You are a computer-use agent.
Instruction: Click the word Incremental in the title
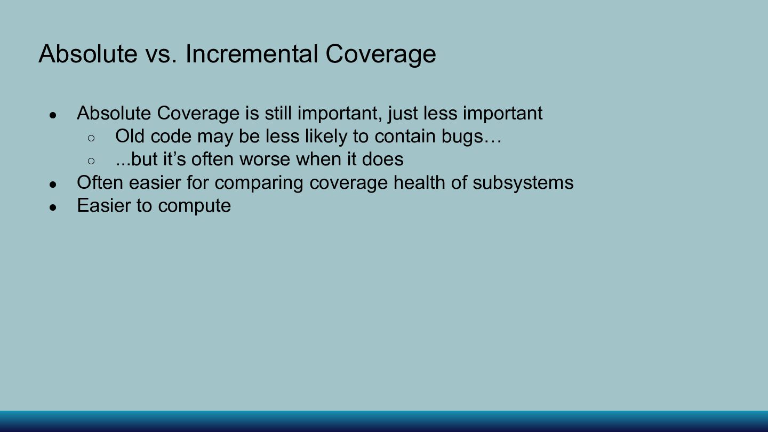[252, 54]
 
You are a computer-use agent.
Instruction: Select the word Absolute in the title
[88, 54]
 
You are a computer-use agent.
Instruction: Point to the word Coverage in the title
[381, 55]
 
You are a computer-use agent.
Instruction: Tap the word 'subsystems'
[523, 183]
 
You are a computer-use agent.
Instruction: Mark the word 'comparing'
[259, 183]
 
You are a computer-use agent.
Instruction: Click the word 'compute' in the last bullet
[194, 206]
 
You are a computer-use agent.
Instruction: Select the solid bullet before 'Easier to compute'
[53, 207]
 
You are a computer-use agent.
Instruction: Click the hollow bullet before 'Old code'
[91, 138]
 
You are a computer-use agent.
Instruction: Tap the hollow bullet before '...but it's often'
[91, 161]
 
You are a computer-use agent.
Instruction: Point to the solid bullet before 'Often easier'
[53, 185]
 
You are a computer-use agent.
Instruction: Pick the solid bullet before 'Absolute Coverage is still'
[53, 115]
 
